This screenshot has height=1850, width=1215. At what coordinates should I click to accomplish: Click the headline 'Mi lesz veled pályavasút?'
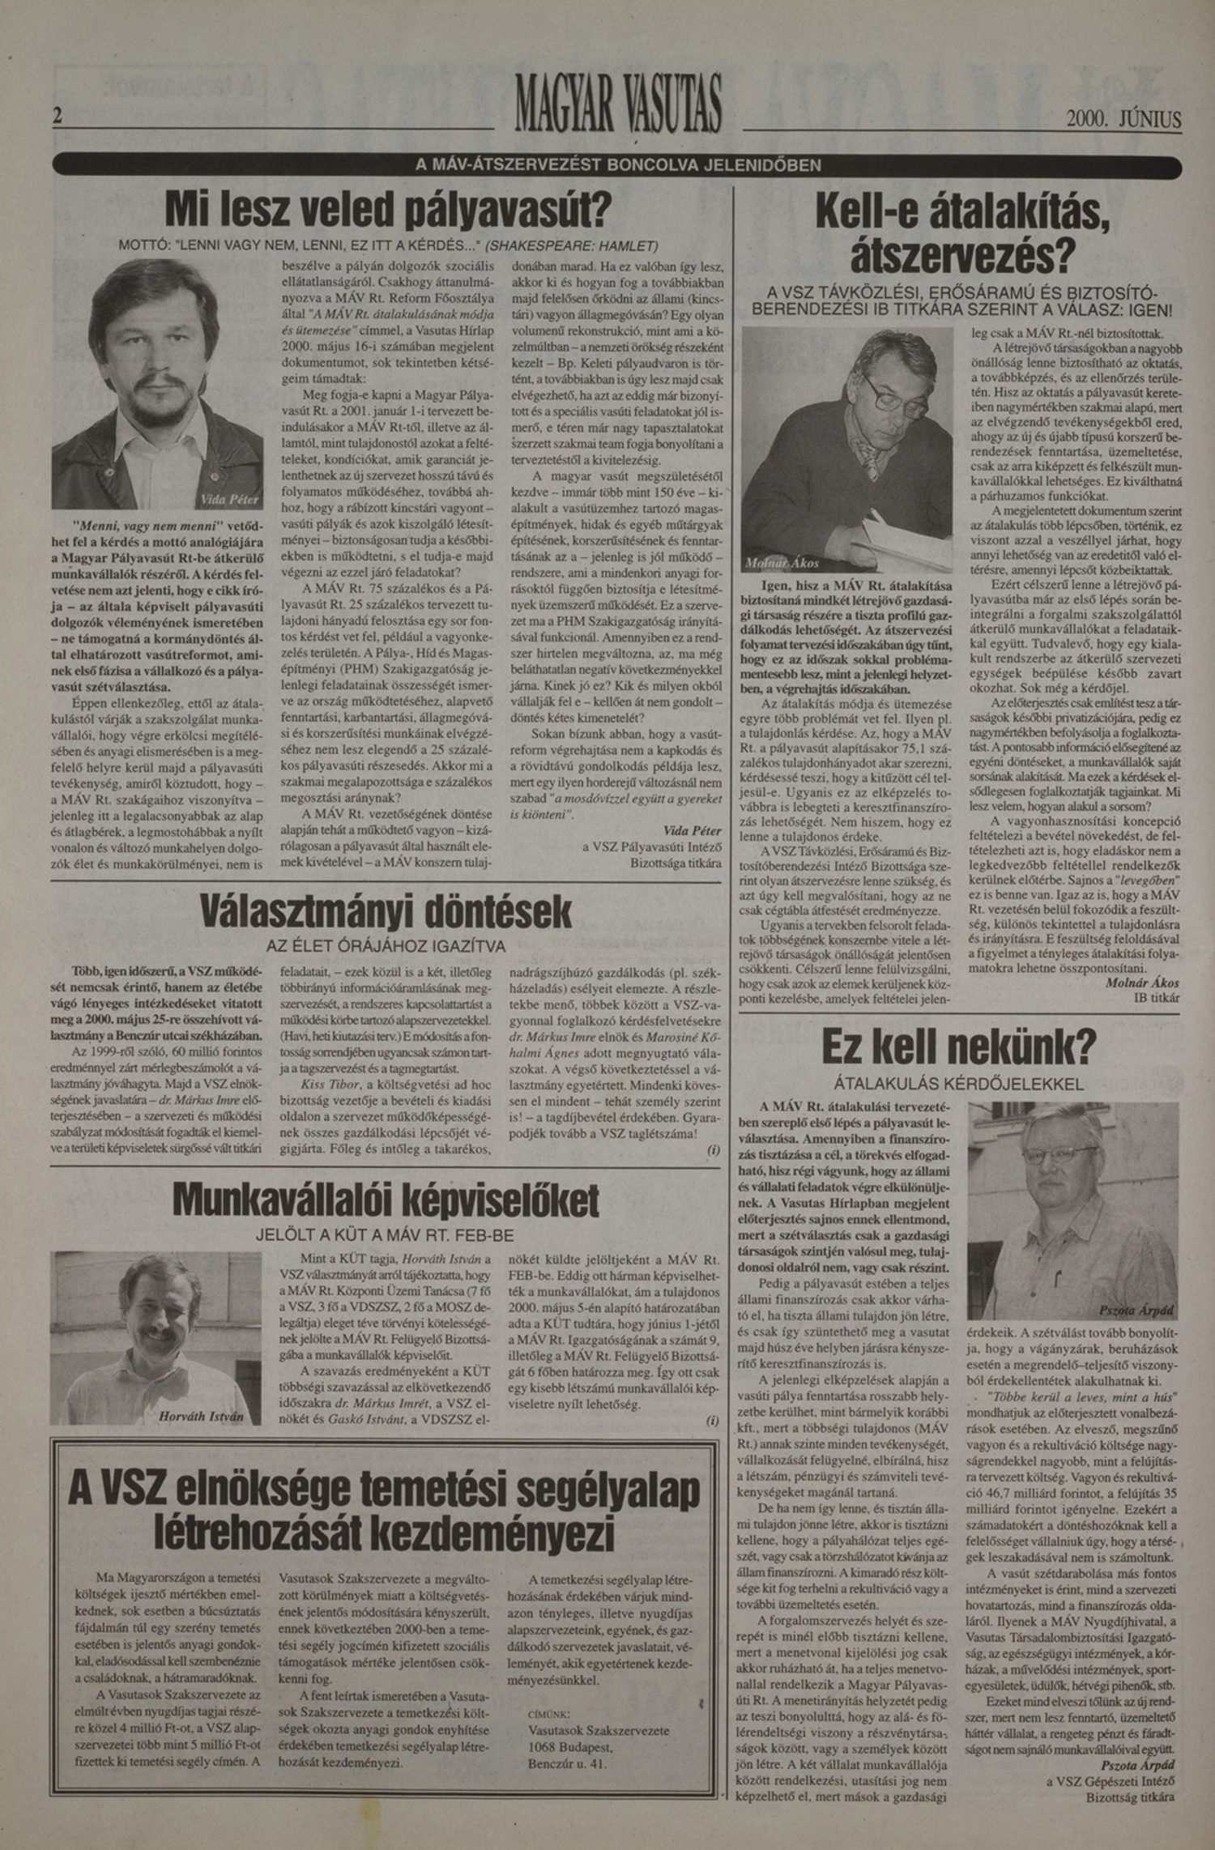(x=387, y=209)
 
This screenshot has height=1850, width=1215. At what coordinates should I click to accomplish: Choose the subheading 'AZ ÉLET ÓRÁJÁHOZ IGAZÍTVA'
(x=386, y=946)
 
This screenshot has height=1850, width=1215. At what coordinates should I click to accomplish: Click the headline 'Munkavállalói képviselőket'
(x=386, y=1201)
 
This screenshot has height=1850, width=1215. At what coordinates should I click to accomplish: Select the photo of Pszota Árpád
(x=1072, y=1213)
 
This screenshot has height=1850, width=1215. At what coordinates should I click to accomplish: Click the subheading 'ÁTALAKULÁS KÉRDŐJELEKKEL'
(x=959, y=1084)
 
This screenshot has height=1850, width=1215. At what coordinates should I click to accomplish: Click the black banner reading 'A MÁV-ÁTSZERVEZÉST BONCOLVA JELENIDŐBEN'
(x=617, y=165)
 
